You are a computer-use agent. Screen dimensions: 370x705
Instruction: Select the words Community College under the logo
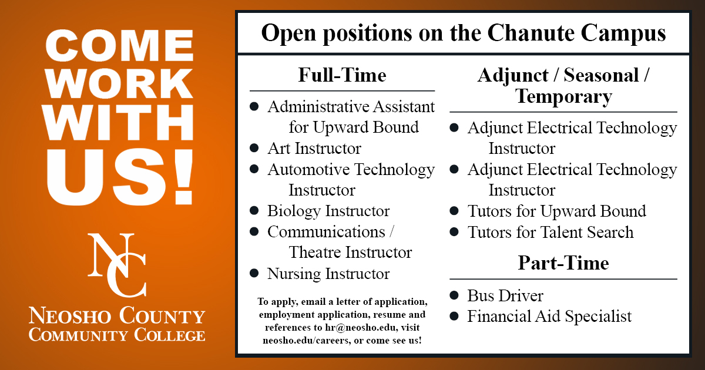click(x=117, y=335)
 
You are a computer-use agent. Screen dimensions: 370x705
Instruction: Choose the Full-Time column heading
click(x=342, y=76)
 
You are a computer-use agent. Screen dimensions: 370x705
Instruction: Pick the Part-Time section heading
click(x=563, y=263)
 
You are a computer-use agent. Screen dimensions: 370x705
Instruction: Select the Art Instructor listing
click(x=314, y=149)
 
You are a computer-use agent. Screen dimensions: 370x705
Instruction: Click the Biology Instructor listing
click(x=328, y=211)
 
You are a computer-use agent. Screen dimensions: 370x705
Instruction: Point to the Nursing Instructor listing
click(x=328, y=274)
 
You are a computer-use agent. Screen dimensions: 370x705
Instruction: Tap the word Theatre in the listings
click(x=315, y=253)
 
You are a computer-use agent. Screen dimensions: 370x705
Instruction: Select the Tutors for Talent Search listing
click(x=550, y=232)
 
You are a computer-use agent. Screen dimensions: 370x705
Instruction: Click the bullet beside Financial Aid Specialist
click(x=454, y=316)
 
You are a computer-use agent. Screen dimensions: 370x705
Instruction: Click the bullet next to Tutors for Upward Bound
click(x=454, y=211)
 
